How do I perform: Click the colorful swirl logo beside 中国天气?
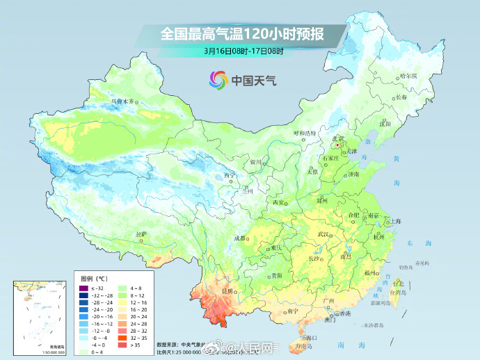coord(218,80)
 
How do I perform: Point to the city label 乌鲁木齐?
coord(122,101)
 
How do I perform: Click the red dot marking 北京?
coord(337,146)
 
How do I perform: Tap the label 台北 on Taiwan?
coord(397,283)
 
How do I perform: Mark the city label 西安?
coord(279,202)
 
